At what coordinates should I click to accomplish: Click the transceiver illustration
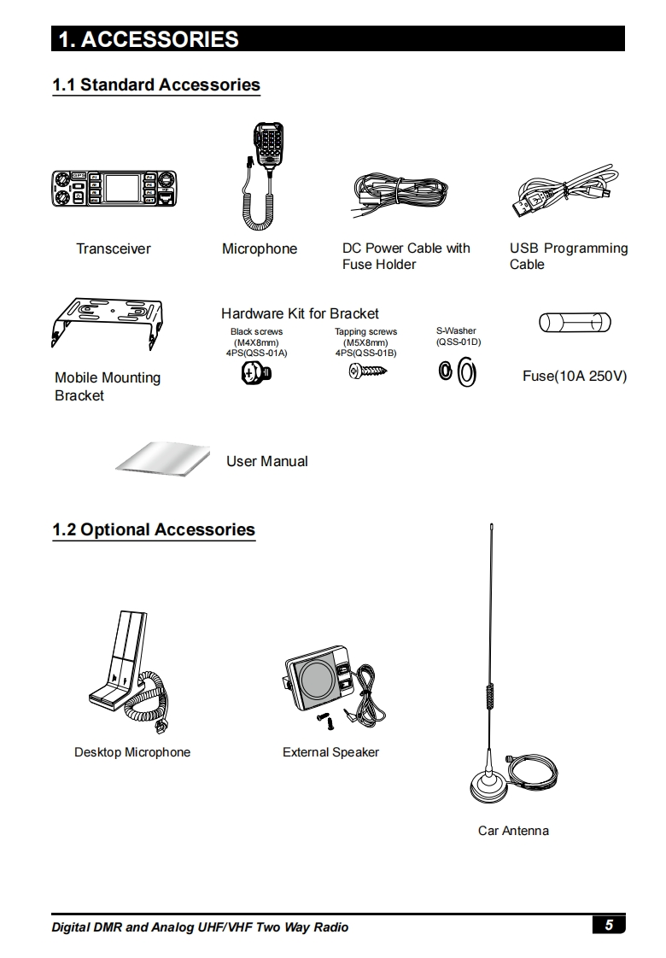tap(114, 188)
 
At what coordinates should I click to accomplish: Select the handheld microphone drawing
tap(261, 175)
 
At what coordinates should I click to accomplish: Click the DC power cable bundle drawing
tap(400, 194)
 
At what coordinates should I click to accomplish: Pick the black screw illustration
tap(257, 372)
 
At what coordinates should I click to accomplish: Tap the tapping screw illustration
tap(368, 371)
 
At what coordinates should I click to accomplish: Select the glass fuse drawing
tap(575, 322)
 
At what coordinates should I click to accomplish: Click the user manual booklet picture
tap(162, 459)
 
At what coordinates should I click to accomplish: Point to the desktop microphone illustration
tap(129, 671)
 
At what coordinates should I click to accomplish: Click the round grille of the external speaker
tap(315, 679)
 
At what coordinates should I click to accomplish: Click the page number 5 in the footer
tap(609, 925)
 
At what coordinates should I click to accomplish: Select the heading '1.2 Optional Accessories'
tap(154, 529)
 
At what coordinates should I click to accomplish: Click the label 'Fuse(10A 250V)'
tap(575, 376)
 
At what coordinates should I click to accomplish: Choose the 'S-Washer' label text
tap(456, 330)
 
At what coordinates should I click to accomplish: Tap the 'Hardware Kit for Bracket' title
tap(300, 313)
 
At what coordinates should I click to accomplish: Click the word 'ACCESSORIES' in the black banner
tap(160, 39)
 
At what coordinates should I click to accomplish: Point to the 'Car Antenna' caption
tap(513, 830)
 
